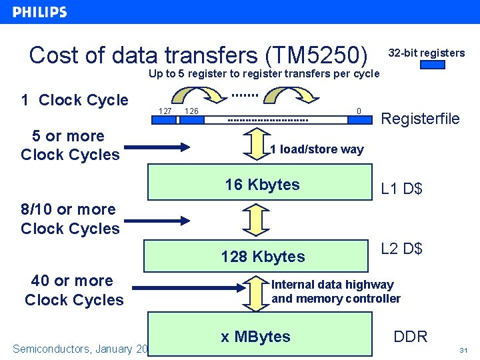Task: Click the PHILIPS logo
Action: pos(40,12)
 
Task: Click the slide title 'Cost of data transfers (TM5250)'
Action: pos(199,55)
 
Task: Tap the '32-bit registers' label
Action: pos(426,53)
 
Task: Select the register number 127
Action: pos(165,111)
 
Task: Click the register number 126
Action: pos(191,111)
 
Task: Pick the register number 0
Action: pos(359,111)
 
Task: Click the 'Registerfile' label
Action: pos(419,119)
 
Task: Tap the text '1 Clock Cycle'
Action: pos(74,100)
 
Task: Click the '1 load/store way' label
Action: pos(317,149)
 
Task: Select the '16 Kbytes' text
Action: pos(262,185)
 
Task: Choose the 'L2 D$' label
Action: pos(401,249)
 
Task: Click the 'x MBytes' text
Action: pos(255,337)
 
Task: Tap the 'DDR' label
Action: pos(411,337)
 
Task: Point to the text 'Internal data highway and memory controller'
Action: pos(335,291)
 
